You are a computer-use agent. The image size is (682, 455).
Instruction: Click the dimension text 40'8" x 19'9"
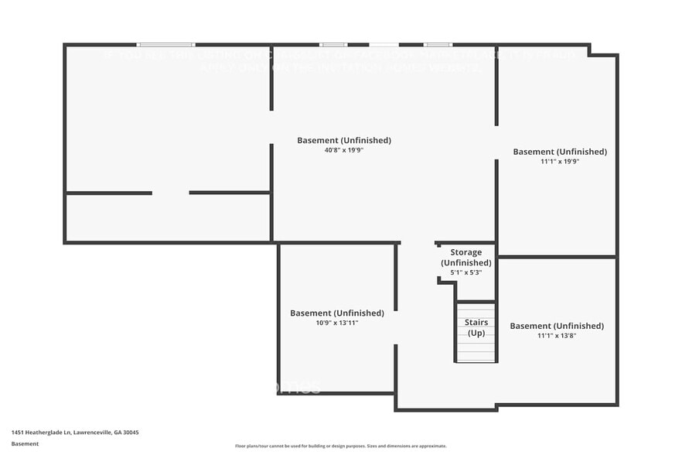point(344,150)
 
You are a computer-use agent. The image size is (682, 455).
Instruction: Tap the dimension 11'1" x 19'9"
point(560,162)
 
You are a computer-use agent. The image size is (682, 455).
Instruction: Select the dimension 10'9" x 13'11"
point(336,323)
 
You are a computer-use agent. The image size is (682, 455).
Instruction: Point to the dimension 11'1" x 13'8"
point(557,336)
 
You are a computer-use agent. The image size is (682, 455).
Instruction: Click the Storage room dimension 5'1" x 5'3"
point(466,272)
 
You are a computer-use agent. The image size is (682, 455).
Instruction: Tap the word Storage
point(466,252)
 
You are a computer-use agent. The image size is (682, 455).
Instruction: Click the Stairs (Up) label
point(476,327)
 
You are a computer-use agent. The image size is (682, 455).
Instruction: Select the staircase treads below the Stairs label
point(476,351)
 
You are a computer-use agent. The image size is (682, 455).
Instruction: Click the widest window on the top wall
point(166,45)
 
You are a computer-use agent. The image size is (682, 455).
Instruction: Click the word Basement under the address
point(25,443)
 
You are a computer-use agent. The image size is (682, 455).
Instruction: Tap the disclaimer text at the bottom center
point(341,446)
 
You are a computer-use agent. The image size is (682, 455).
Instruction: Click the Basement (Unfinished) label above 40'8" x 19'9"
point(344,140)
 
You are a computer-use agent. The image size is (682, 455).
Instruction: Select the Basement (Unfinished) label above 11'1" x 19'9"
point(560,152)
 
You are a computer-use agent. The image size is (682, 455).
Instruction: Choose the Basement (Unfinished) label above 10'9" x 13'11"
point(336,313)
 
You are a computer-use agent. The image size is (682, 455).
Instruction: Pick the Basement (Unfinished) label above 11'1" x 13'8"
point(557,326)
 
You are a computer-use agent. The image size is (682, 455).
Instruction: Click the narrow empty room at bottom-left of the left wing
point(168,217)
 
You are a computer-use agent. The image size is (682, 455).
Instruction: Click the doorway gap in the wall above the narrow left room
point(170,193)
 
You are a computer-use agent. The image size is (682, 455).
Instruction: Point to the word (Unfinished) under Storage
point(466,262)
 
